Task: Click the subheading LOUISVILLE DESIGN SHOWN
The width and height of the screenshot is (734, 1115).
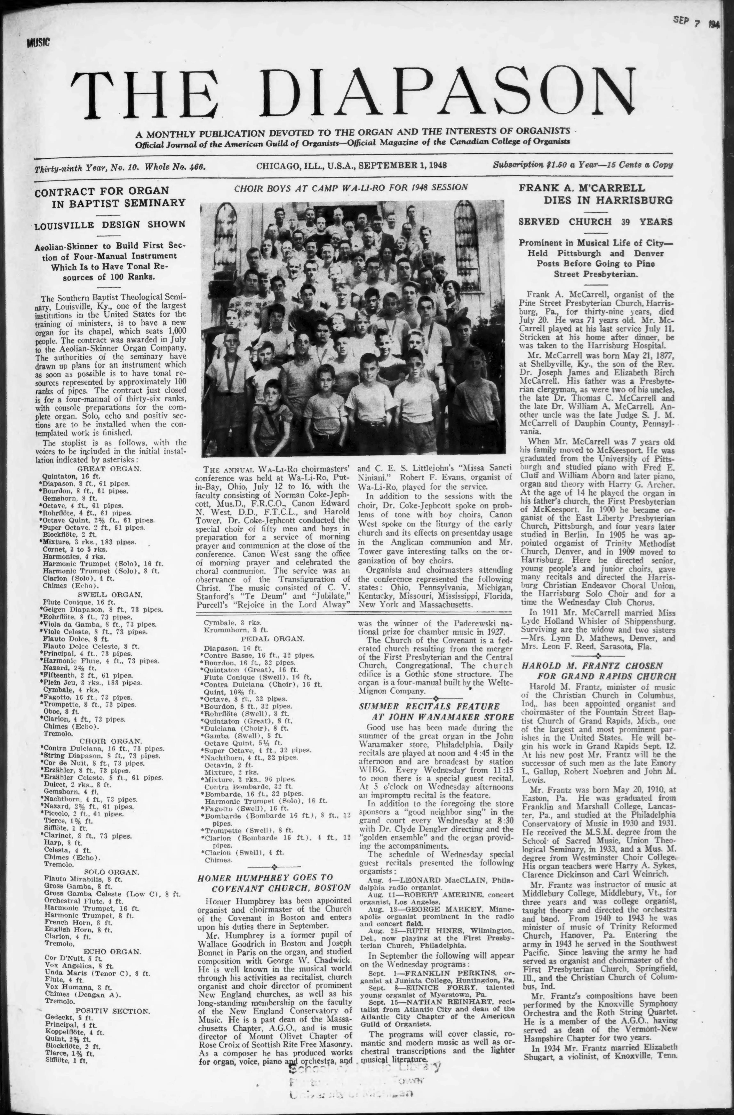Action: (x=110, y=224)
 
